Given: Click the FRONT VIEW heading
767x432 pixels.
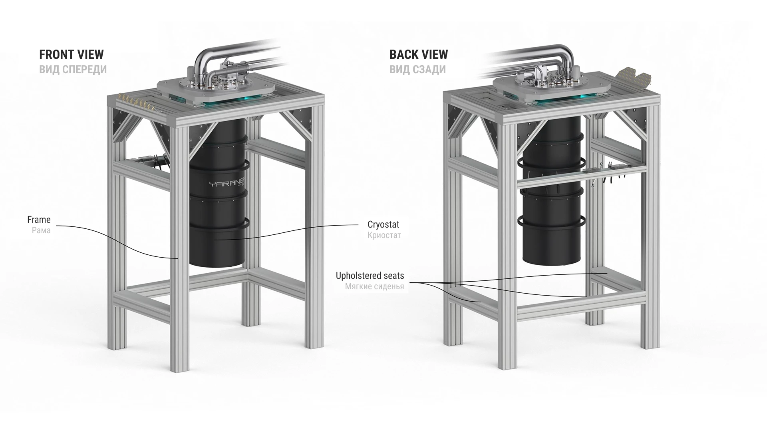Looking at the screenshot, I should pyautogui.click(x=71, y=54).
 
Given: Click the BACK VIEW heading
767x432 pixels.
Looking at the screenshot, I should pyautogui.click(x=418, y=54).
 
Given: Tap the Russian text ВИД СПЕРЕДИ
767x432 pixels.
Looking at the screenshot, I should pyautogui.click(x=73, y=70).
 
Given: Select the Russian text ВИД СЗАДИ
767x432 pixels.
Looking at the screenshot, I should pyautogui.click(x=417, y=70).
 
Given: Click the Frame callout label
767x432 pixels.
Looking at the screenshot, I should pyautogui.click(x=39, y=220).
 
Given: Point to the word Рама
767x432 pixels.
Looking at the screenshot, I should pyautogui.click(x=41, y=230).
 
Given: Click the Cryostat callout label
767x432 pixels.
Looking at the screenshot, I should pyautogui.click(x=383, y=224).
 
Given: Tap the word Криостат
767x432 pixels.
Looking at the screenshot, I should pyautogui.click(x=384, y=235).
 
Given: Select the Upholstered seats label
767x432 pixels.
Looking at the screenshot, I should pyautogui.click(x=370, y=276).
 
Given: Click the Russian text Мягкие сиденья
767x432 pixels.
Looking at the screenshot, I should pyautogui.click(x=374, y=286).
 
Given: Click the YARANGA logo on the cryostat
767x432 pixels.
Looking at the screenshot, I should pyautogui.click(x=227, y=184).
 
